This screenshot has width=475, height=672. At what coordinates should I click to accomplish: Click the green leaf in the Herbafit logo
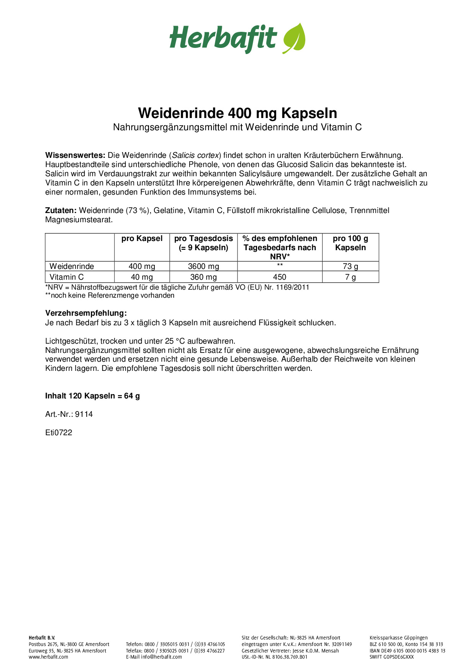294,38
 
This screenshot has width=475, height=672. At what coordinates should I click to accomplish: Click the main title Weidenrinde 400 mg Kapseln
237,113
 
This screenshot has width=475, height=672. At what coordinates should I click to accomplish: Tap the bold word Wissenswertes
75,155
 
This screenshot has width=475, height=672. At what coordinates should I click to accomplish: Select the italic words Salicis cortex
195,155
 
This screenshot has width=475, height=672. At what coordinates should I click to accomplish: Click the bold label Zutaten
61,210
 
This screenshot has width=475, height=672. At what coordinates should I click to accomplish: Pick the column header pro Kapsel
142,238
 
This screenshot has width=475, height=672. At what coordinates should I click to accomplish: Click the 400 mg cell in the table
142,266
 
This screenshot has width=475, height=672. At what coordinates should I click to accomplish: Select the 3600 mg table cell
203,266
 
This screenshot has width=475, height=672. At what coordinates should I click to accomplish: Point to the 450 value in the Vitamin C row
280,277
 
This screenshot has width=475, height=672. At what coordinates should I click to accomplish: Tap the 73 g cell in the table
350,266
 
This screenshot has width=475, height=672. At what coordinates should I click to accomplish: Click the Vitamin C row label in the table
67,277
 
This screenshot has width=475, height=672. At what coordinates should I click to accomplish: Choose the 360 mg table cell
203,277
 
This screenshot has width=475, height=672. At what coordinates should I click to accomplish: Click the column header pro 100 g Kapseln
350,243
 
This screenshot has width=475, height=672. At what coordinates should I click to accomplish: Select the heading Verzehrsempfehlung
86,313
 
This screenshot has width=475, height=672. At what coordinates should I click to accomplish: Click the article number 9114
84,414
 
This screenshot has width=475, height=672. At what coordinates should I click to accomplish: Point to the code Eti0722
59,433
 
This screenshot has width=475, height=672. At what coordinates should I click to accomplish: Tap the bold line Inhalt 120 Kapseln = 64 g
92,396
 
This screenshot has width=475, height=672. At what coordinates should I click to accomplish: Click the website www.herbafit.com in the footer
48,657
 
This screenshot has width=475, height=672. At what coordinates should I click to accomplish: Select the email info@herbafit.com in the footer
161,657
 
